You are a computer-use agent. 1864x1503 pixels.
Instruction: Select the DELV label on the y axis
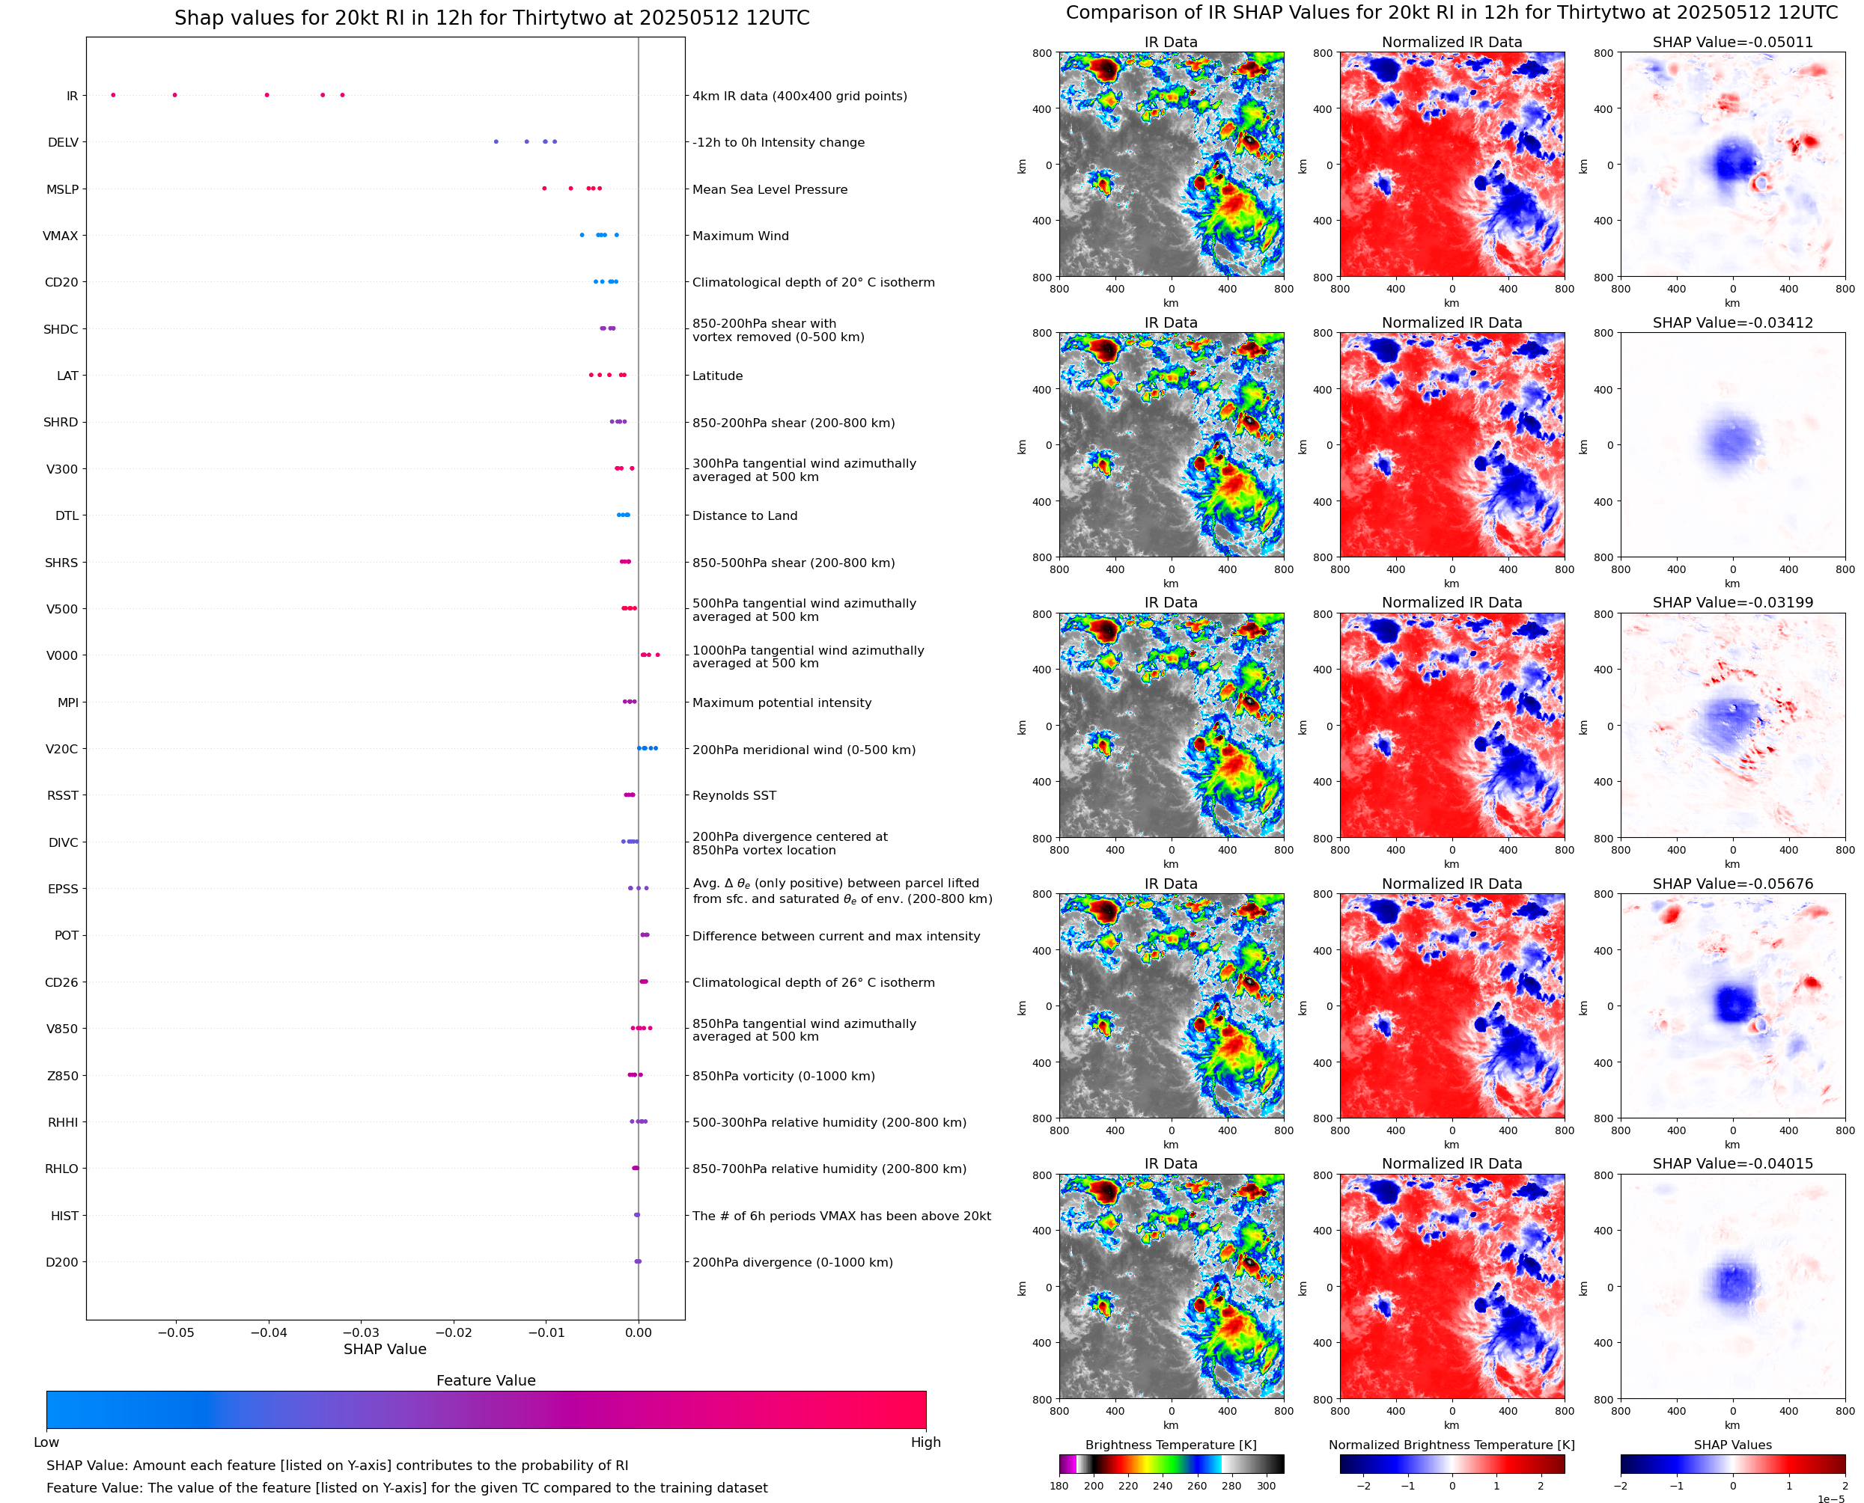pyautogui.click(x=63, y=143)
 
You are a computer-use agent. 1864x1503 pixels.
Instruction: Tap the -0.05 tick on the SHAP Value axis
pyautogui.click(x=176, y=1332)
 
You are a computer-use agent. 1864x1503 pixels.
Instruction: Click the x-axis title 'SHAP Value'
pyautogui.click(x=385, y=1349)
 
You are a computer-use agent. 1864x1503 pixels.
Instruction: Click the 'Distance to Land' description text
pyautogui.click(x=744, y=516)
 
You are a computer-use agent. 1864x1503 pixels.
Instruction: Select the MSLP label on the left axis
pyautogui.click(x=62, y=189)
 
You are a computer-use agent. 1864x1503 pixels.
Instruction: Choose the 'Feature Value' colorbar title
pyautogui.click(x=486, y=1380)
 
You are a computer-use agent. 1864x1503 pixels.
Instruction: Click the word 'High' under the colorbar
pyautogui.click(x=925, y=1442)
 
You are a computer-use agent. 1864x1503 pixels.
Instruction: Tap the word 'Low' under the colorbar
pyautogui.click(x=46, y=1442)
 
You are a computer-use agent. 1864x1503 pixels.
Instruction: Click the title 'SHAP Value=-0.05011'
pyautogui.click(x=1732, y=43)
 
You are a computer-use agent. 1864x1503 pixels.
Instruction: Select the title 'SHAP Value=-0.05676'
pyautogui.click(x=1732, y=884)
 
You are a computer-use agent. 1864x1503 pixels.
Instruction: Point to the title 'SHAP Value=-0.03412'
pyautogui.click(x=1732, y=323)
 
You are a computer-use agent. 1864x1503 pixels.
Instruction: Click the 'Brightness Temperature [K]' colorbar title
pyautogui.click(x=1170, y=1445)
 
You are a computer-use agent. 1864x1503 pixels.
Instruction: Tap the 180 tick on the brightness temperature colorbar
pyautogui.click(x=1059, y=1486)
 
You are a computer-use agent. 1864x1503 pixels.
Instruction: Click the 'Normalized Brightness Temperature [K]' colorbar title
pyautogui.click(x=1452, y=1445)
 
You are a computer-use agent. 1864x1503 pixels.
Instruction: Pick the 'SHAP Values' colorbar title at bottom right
pyautogui.click(x=1732, y=1445)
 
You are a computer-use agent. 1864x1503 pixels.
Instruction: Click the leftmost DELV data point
pyautogui.click(x=496, y=142)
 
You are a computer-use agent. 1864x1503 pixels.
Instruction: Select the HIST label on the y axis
pyautogui.click(x=64, y=1216)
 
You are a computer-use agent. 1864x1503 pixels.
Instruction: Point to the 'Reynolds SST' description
pyautogui.click(x=734, y=796)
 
